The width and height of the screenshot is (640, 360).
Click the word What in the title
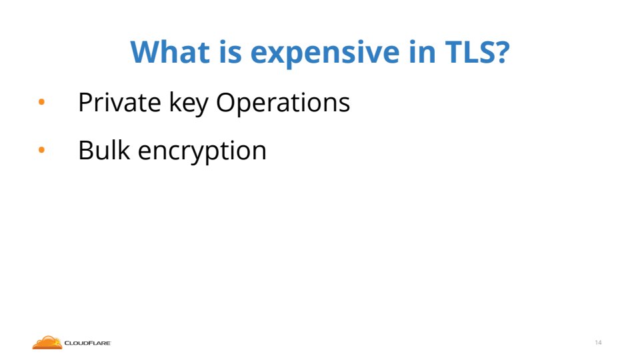coord(170,52)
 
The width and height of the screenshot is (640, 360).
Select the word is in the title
coord(230,52)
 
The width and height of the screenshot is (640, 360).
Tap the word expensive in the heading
coord(325,54)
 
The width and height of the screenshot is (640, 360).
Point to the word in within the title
coord(422,52)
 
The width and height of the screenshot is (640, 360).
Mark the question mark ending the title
coord(501,52)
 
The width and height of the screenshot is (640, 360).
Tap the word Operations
coord(283,104)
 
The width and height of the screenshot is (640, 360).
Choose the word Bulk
coord(104,150)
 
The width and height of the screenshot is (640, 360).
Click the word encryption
coord(202,152)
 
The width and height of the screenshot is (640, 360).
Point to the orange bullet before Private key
coord(41,101)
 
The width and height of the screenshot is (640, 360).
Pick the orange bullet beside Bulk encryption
coord(41,150)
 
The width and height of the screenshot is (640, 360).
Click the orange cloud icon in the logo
coord(47,343)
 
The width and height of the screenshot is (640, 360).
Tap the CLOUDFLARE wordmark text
coord(87,343)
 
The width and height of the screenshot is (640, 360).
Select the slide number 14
coord(599,343)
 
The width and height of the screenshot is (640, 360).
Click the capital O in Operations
coord(226,102)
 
